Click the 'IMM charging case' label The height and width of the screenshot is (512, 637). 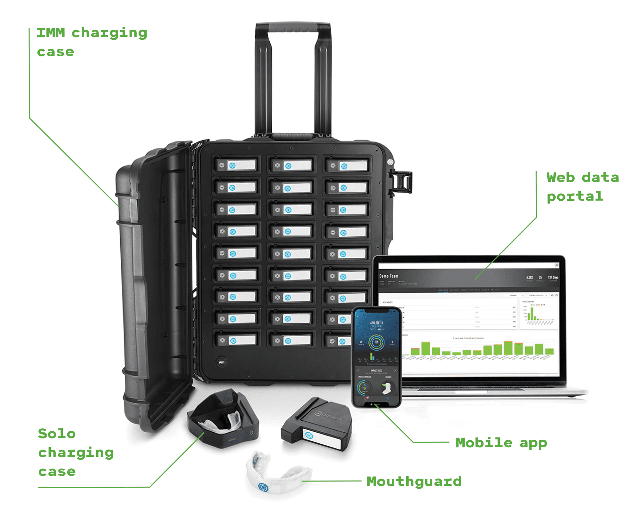(x=92, y=42)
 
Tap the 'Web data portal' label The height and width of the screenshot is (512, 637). (x=582, y=187)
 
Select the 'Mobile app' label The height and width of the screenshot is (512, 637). (x=501, y=443)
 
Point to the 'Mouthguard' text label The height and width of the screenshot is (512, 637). (x=414, y=481)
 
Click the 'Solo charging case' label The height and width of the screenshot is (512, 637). (x=76, y=452)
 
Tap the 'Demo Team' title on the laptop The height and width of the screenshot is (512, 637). (x=388, y=276)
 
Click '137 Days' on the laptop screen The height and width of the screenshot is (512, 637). (x=553, y=277)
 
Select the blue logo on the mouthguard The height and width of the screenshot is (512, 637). (x=263, y=487)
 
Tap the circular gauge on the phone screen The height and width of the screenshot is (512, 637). (x=376, y=342)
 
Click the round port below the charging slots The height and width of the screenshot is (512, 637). (x=221, y=362)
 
